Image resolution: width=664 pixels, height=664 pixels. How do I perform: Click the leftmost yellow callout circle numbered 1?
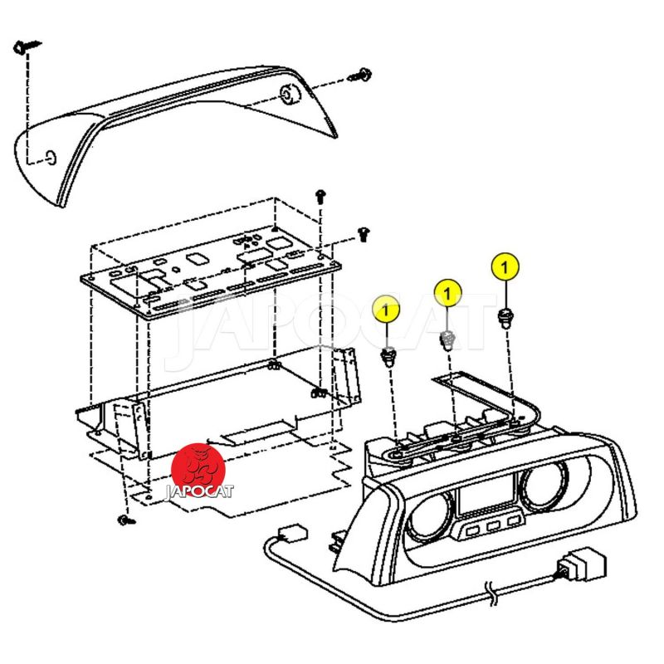coord(386,309)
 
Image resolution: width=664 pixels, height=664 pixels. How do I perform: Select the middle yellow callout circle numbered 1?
coord(447,292)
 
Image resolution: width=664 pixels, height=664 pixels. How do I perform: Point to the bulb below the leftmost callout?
coord(388,357)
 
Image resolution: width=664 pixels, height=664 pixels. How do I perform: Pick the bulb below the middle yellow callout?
coord(447,339)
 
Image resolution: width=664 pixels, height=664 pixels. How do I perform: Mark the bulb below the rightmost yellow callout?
coord(505,316)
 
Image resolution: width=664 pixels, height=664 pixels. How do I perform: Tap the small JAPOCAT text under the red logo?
coord(199,491)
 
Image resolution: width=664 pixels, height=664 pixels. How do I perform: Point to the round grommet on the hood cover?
coord(290,95)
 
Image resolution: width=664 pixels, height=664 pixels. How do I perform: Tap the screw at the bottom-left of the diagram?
coord(125,520)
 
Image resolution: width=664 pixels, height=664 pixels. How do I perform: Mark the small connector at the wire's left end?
coord(291,534)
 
